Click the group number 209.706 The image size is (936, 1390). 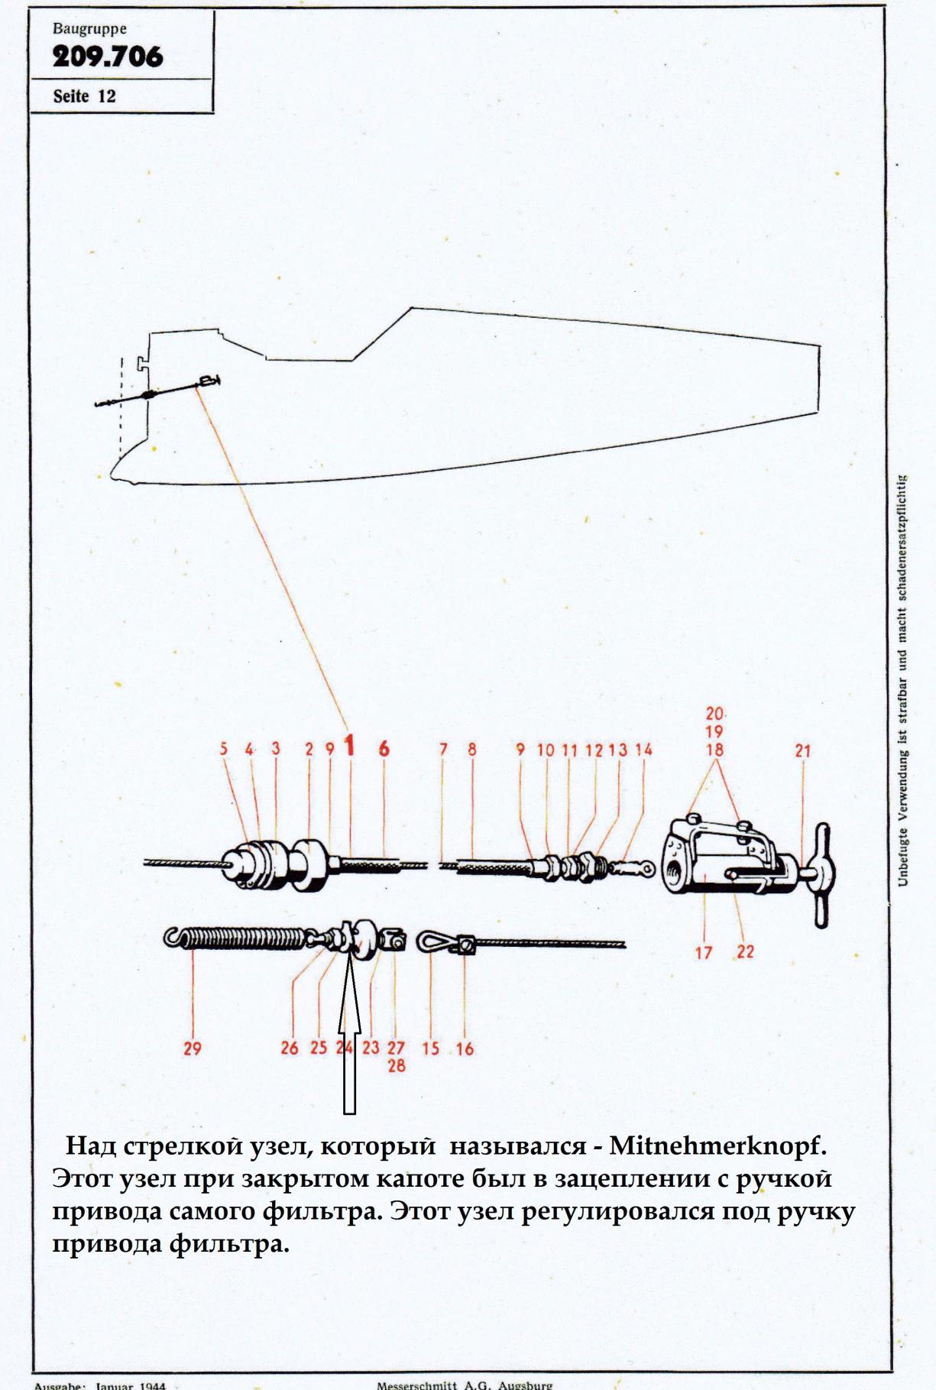[x=107, y=57]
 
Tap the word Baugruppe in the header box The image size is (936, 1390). [x=89, y=29]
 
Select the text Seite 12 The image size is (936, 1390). [x=84, y=96]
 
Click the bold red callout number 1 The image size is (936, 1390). [x=350, y=746]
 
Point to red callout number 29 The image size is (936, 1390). [x=192, y=1048]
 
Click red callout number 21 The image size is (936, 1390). [x=802, y=751]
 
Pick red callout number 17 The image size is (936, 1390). [x=703, y=952]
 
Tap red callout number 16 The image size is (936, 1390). [x=465, y=1048]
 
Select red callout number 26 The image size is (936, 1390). [x=289, y=1048]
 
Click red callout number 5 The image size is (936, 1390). [x=224, y=750]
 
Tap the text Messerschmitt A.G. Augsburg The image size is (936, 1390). [x=465, y=1383]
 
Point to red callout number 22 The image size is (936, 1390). [x=745, y=952]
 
